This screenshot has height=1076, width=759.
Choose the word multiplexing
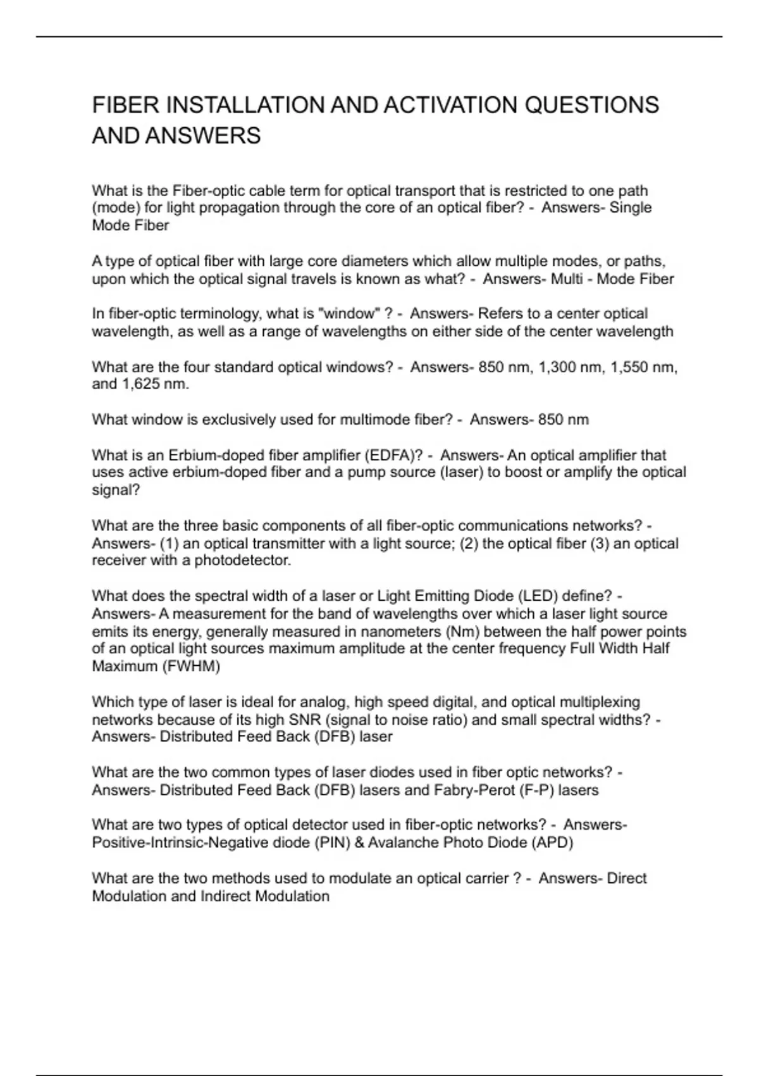coord(598,702)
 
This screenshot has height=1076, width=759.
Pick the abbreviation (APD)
coord(552,842)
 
